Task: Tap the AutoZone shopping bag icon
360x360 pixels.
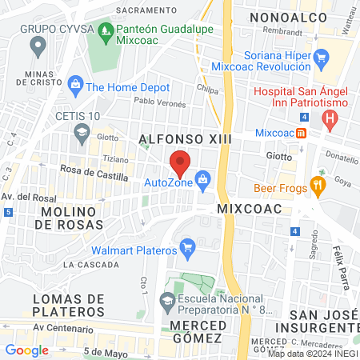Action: click(x=204, y=179)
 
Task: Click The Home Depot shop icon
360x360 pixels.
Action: click(x=76, y=83)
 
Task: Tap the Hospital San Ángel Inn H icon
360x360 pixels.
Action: click(x=329, y=120)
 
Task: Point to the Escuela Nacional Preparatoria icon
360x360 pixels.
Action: click(x=166, y=302)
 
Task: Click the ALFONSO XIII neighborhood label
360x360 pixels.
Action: click(x=185, y=139)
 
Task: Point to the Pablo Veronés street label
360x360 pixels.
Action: click(x=159, y=103)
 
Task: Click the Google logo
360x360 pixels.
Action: click(x=26, y=350)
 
